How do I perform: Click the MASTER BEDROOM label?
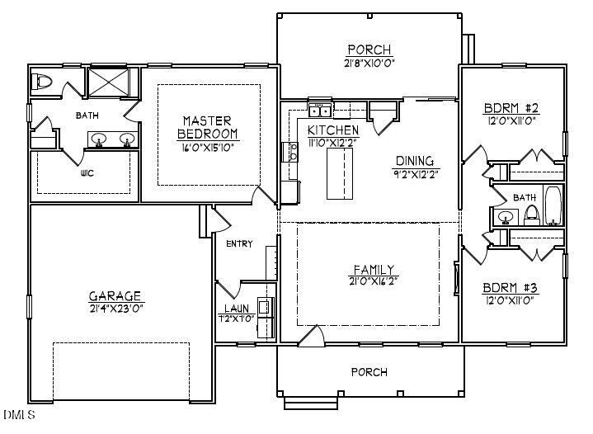(209, 127)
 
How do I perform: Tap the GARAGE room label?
(115, 296)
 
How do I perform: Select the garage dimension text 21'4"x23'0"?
(115, 308)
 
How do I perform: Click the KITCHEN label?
(333, 130)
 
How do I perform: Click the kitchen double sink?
(319, 111)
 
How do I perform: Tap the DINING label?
(415, 161)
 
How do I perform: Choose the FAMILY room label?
(374, 270)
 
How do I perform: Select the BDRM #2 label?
(511, 108)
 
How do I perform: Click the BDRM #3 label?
(511, 289)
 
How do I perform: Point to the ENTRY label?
(239, 243)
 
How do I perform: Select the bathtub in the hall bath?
(552, 206)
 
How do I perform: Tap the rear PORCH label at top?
(369, 50)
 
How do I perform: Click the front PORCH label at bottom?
(369, 372)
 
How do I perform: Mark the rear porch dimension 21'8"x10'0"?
(369, 63)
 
